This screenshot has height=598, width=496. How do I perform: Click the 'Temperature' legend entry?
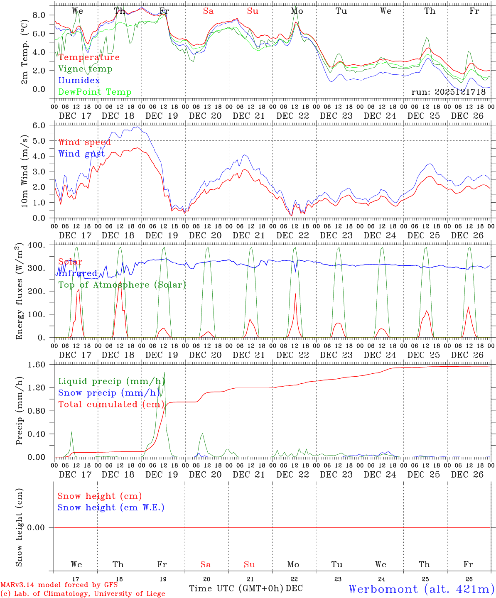click(x=89, y=57)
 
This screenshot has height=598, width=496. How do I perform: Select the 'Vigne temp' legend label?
click(x=85, y=69)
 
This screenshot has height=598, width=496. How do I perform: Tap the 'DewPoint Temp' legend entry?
click(x=95, y=92)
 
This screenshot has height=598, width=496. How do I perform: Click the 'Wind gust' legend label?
click(x=81, y=154)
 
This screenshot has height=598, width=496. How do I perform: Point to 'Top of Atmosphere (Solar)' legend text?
click(x=122, y=285)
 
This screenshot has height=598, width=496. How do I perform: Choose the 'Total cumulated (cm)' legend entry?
click(x=111, y=404)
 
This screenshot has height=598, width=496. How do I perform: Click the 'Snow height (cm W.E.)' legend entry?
click(x=111, y=507)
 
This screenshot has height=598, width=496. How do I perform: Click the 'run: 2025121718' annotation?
click(x=448, y=92)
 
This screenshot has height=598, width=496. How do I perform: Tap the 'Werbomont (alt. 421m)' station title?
click(x=421, y=589)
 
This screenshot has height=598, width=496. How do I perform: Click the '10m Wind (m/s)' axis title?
click(x=25, y=171)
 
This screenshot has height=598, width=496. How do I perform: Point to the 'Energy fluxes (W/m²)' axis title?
click(x=19, y=292)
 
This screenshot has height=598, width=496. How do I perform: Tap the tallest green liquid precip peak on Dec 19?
click(x=165, y=373)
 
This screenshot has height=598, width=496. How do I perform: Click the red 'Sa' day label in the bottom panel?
click(x=206, y=564)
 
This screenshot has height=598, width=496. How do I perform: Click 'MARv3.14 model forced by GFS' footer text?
click(x=59, y=585)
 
